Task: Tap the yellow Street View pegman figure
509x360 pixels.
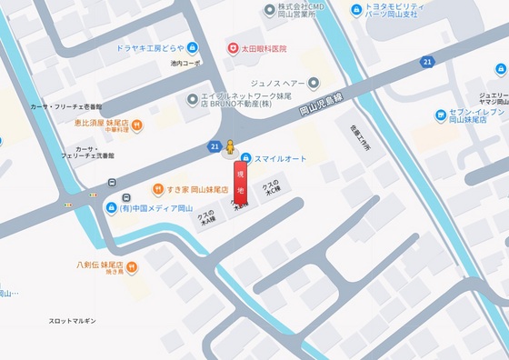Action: tap(231, 147)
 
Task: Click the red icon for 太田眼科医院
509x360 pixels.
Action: tap(234, 48)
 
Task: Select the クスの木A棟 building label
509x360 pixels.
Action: tap(208, 217)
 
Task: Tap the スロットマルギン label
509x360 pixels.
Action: tap(73, 321)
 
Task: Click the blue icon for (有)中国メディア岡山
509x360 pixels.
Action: tap(111, 207)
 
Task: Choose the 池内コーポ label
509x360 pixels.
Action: tap(186, 64)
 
